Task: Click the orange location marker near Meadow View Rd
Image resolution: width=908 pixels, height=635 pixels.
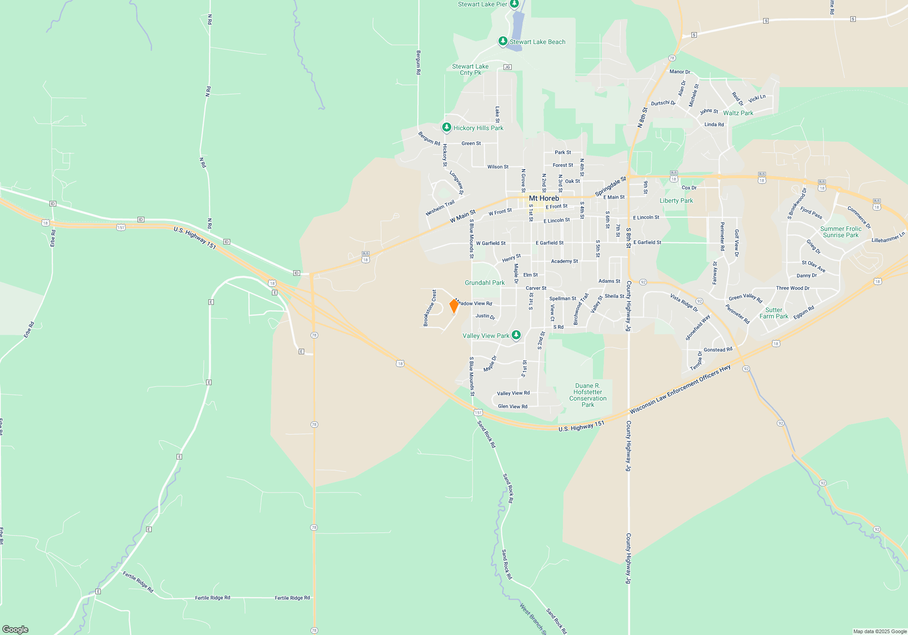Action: pyautogui.click(x=454, y=306)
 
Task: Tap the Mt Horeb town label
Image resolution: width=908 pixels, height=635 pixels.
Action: pyautogui.click(x=544, y=198)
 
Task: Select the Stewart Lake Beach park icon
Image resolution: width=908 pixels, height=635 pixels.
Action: pyautogui.click(x=503, y=41)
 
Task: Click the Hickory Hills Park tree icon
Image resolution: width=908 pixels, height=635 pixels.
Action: pyautogui.click(x=447, y=127)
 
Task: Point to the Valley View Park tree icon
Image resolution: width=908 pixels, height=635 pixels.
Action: pyautogui.click(x=516, y=335)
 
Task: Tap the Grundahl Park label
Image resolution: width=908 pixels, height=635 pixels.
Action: pyautogui.click(x=484, y=283)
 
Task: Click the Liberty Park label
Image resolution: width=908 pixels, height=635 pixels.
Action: pyautogui.click(x=676, y=200)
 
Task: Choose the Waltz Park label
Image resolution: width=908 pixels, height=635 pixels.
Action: pyautogui.click(x=738, y=113)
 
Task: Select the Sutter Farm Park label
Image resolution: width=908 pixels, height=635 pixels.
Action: pyautogui.click(x=774, y=313)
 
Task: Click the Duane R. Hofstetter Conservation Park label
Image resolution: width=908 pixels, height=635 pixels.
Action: pyautogui.click(x=587, y=395)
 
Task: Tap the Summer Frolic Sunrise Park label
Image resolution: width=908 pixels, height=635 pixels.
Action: pyautogui.click(x=840, y=232)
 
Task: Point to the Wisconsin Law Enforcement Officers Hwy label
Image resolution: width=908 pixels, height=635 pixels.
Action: pyautogui.click(x=680, y=390)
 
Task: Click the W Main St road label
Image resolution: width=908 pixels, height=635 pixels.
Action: pyautogui.click(x=463, y=216)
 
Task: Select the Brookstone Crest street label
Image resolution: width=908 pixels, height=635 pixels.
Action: pyautogui.click(x=429, y=308)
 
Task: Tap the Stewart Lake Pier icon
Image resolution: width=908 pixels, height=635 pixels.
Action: pyautogui.click(x=514, y=4)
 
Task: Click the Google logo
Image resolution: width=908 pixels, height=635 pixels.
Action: pyautogui.click(x=15, y=630)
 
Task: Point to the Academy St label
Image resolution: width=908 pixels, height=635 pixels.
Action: pyautogui.click(x=564, y=261)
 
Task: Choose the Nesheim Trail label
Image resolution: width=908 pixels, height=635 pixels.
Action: pyautogui.click(x=440, y=208)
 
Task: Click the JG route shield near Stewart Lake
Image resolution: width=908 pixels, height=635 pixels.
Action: pyautogui.click(x=507, y=67)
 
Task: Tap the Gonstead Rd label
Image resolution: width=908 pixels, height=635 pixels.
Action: pyautogui.click(x=718, y=350)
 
